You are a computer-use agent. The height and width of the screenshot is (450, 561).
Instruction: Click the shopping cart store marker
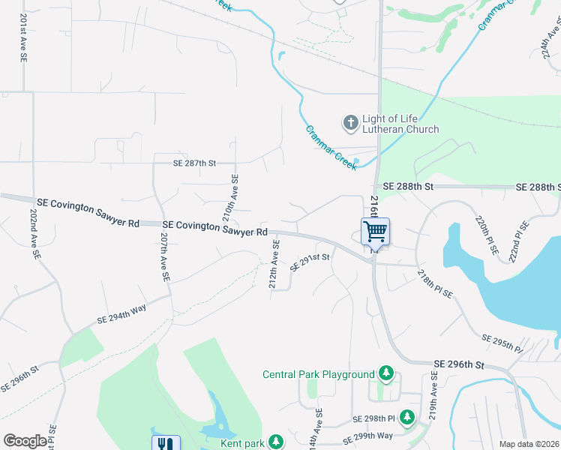(375, 232)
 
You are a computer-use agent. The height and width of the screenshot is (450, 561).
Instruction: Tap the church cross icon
(349, 122)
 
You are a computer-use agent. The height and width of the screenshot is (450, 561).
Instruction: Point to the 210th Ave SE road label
(235, 194)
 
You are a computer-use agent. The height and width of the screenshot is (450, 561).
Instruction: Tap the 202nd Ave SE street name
(34, 235)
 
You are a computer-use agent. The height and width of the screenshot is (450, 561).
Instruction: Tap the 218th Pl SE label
(435, 283)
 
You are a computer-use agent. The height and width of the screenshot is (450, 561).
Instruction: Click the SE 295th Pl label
(502, 343)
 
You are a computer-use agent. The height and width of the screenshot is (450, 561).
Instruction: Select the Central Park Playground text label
(318, 374)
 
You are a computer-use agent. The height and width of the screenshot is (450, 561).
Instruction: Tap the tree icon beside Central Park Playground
(386, 373)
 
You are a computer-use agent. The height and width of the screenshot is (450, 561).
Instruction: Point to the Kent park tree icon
(277, 442)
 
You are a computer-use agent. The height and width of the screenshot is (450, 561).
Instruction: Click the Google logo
(25, 441)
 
